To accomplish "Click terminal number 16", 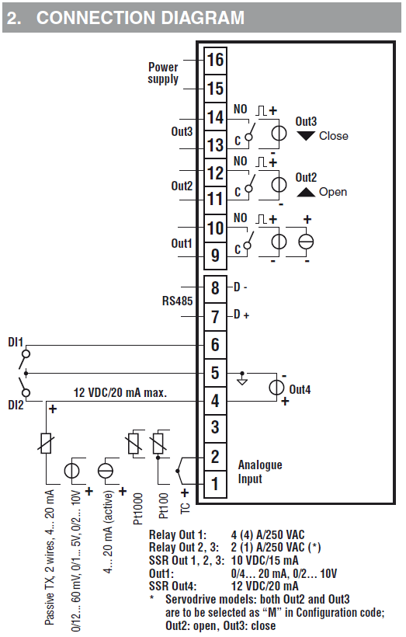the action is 215,60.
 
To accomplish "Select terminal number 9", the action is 215,255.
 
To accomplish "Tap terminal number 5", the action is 215,373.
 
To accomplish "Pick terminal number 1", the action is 215,484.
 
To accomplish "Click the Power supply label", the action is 163,73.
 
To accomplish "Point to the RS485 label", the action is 178,301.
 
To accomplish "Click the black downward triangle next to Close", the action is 306,136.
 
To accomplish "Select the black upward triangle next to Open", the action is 306,192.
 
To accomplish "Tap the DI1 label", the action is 16,342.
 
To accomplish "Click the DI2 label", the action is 16,405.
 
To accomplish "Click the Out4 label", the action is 300,390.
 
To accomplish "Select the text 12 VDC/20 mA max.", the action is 120,393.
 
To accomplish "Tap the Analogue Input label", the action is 260,472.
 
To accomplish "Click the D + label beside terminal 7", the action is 241,315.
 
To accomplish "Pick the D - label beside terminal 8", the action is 241,287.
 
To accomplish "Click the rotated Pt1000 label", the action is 138,508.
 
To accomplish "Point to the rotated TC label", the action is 185,508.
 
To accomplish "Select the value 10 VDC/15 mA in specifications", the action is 265,561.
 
